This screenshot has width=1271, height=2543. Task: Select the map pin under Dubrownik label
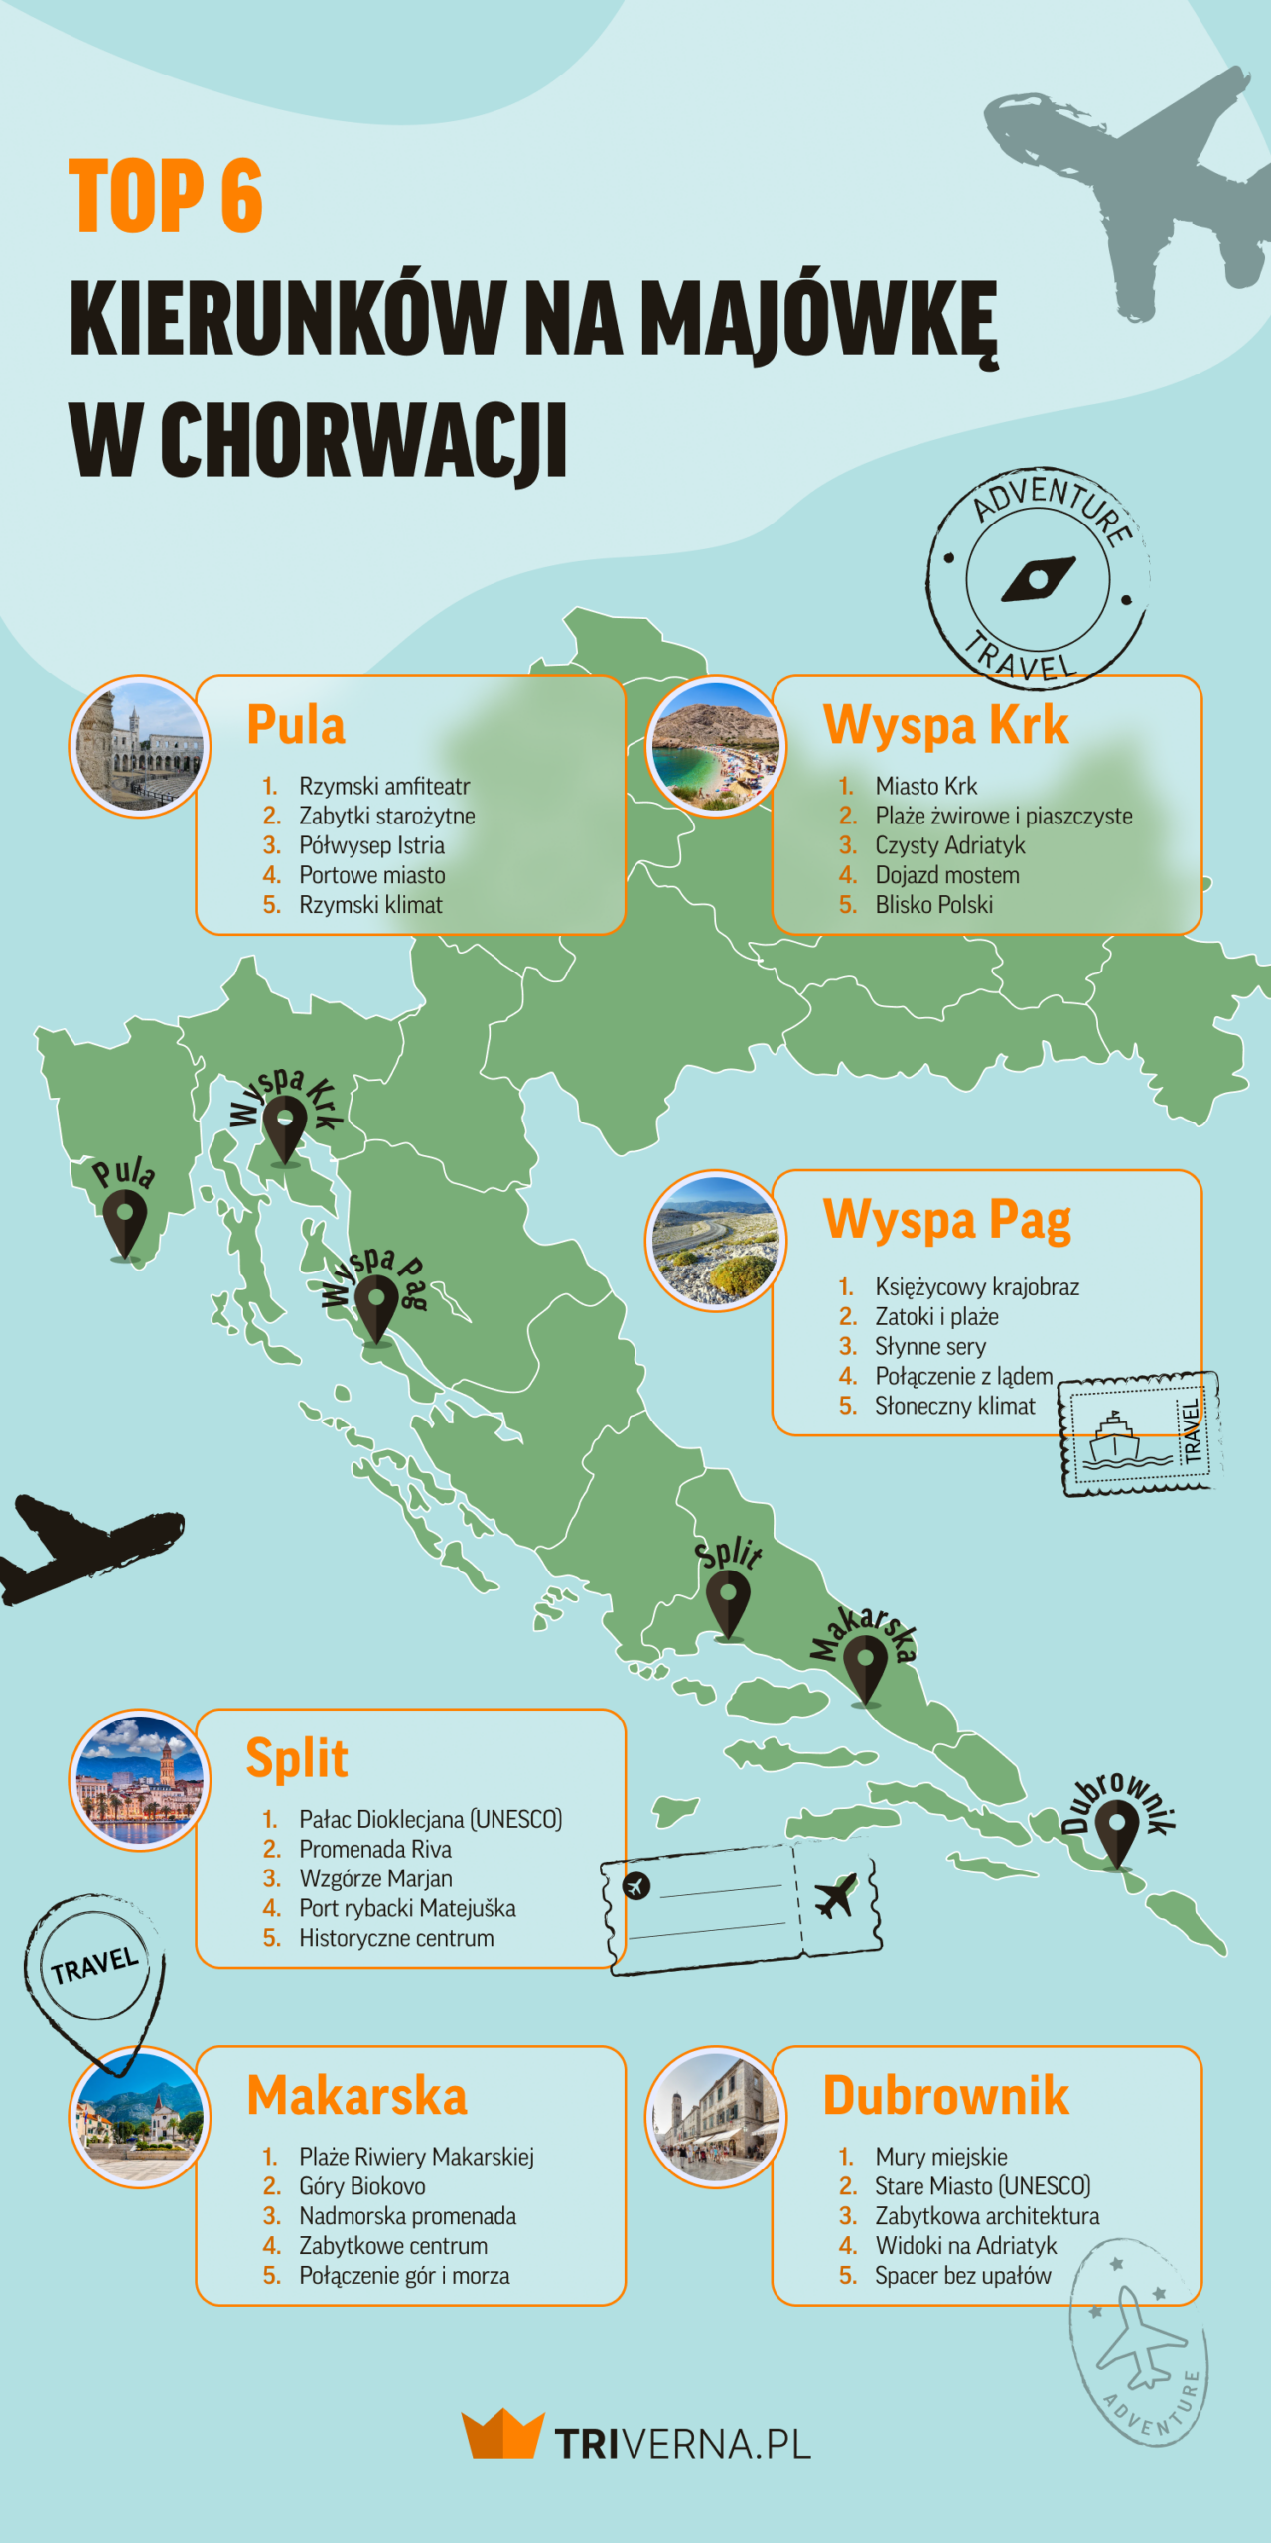1117,1833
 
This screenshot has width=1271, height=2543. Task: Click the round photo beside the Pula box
139,747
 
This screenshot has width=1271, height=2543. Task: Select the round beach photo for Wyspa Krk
715,747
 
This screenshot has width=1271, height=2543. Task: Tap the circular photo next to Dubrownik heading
715,2117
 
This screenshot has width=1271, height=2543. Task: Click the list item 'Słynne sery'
929,1346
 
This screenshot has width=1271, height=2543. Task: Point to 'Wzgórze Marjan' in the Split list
375,1878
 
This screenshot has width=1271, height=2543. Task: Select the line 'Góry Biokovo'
362,2186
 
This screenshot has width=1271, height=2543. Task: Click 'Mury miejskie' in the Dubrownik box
940,2157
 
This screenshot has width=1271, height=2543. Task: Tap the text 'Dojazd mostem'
946,875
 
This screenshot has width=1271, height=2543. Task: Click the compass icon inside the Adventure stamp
1039,579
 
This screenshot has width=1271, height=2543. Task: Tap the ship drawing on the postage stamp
1117,1438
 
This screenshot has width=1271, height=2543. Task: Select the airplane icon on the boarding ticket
836,1896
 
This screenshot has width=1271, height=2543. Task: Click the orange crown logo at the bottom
502,2433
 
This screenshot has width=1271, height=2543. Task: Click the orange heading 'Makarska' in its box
356,2096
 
